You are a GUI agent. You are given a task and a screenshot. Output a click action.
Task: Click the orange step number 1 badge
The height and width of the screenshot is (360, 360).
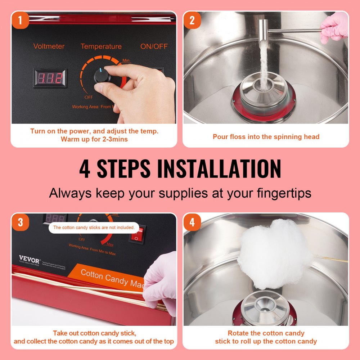20,21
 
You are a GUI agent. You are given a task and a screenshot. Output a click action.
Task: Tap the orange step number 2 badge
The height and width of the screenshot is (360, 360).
192,21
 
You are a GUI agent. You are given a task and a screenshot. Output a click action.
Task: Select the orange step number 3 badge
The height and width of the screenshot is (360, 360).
20,222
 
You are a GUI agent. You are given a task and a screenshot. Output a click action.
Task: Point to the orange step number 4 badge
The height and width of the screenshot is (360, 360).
192,222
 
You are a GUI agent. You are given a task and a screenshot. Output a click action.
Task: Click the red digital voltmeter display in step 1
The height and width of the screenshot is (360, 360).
50,78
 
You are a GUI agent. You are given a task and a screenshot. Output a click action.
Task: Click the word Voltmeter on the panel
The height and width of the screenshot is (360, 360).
49,46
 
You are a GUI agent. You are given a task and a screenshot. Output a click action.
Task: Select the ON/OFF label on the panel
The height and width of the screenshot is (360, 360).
154,46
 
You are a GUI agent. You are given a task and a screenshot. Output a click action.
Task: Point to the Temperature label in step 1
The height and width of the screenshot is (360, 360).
101,46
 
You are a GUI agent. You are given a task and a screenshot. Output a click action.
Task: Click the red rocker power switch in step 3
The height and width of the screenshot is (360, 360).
137,234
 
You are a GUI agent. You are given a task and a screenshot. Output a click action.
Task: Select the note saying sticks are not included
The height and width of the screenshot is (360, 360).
94,228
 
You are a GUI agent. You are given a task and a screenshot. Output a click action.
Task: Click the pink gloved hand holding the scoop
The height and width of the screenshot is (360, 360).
334,27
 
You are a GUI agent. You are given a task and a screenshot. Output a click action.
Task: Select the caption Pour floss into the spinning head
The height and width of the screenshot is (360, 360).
266,137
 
